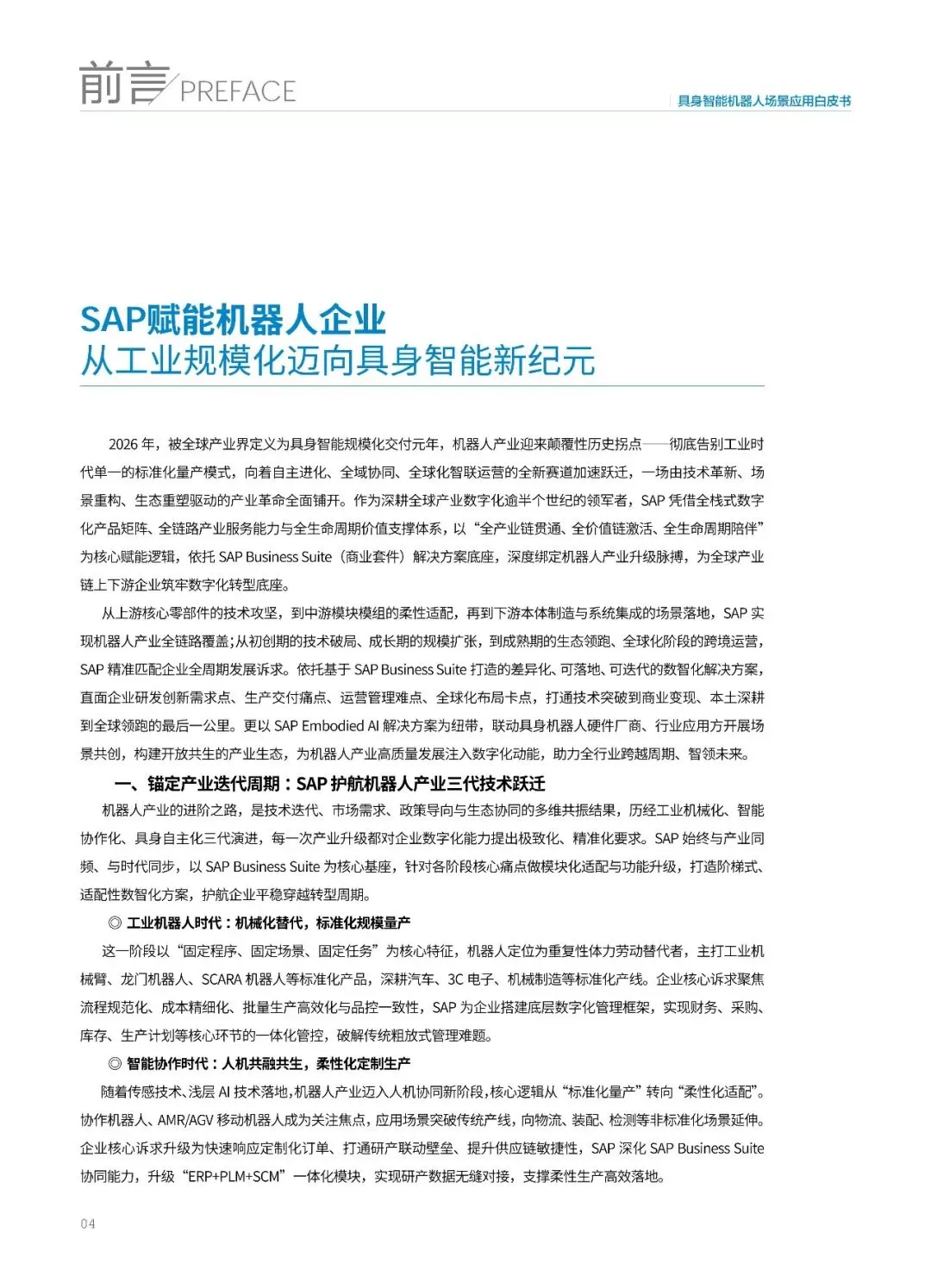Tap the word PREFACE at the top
pos(238,91)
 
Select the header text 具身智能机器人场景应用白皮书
pos(764,101)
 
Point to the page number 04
pos(88,1223)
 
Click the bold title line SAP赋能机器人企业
pos(233,320)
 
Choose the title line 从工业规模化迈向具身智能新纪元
pos(337,360)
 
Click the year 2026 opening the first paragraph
pos(123,444)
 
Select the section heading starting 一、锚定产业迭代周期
pos(329,784)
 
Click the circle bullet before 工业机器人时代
pos(115,923)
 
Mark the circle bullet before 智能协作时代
pos(115,1064)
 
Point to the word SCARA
pos(222,979)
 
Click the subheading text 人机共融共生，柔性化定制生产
pos(316,1064)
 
